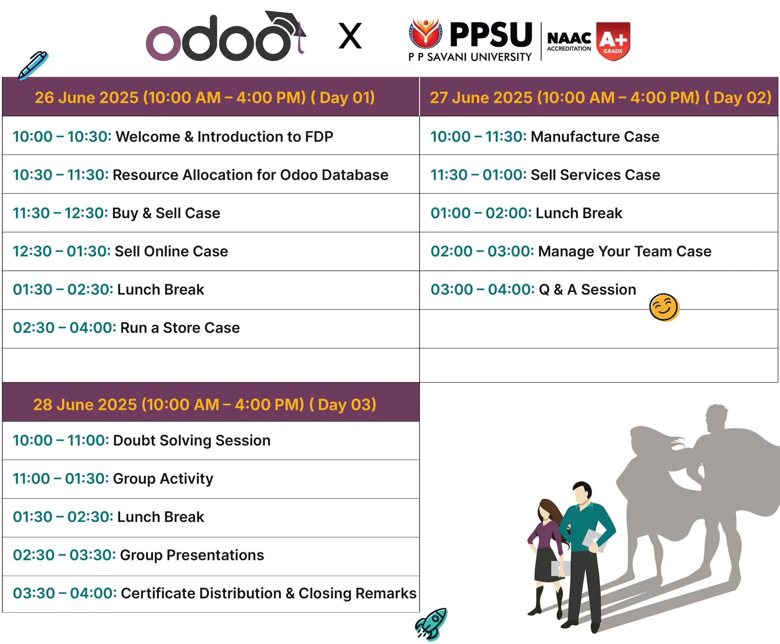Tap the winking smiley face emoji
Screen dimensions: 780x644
click(664, 307)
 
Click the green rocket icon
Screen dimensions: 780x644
click(431, 624)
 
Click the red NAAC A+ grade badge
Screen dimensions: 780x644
click(613, 41)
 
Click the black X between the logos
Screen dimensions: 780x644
click(350, 36)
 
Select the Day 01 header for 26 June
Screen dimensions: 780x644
click(205, 98)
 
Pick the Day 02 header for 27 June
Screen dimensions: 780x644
click(600, 98)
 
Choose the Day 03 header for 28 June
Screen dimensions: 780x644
click(205, 405)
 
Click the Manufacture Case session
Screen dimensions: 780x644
click(545, 137)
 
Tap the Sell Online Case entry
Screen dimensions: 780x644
click(120, 251)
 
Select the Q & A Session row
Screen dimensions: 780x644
click(533, 289)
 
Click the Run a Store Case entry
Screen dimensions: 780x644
click(126, 328)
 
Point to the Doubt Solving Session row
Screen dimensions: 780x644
click(142, 440)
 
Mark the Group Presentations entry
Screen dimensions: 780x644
click(139, 555)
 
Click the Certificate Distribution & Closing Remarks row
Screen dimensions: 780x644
click(214, 593)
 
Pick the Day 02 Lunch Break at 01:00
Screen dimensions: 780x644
click(526, 213)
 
